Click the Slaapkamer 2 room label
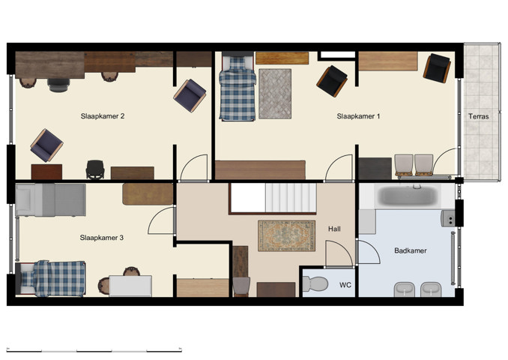coord(102,116)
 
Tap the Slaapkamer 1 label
coord(358,116)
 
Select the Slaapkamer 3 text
coord(102,238)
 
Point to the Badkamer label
coord(410,250)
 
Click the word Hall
coord(335,229)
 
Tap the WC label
coord(345,285)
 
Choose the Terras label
coord(479,116)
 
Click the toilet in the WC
coord(316,283)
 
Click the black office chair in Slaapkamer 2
coord(95,169)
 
